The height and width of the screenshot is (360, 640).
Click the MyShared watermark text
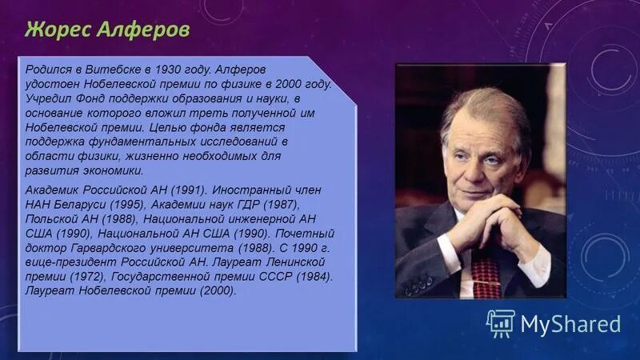[570, 324]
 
